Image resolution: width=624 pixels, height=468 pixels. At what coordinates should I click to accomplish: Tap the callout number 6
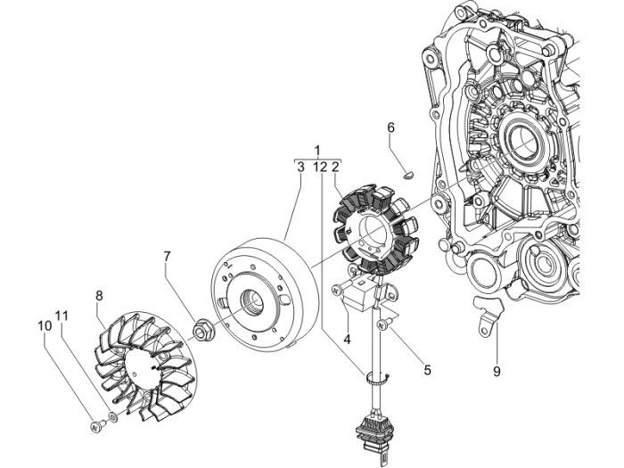coord(390,128)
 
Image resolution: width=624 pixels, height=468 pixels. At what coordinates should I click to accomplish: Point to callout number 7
coord(166,258)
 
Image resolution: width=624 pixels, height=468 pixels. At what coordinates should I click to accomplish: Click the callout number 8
coord(99,294)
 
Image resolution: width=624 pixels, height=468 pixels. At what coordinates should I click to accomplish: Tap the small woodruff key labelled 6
coord(400,174)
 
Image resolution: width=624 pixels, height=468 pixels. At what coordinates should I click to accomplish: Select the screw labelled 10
coord(96,426)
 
